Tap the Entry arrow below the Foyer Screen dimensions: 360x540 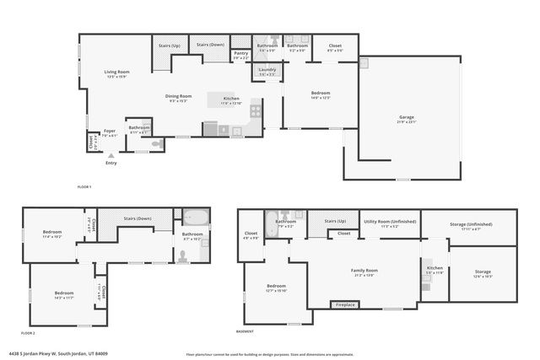point(110,156)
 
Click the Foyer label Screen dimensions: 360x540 point(110,131)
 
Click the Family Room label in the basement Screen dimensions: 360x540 point(364,271)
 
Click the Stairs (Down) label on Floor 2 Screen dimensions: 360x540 point(137,217)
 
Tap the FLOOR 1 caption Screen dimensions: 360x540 point(84,186)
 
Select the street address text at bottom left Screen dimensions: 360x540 point(58,353)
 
